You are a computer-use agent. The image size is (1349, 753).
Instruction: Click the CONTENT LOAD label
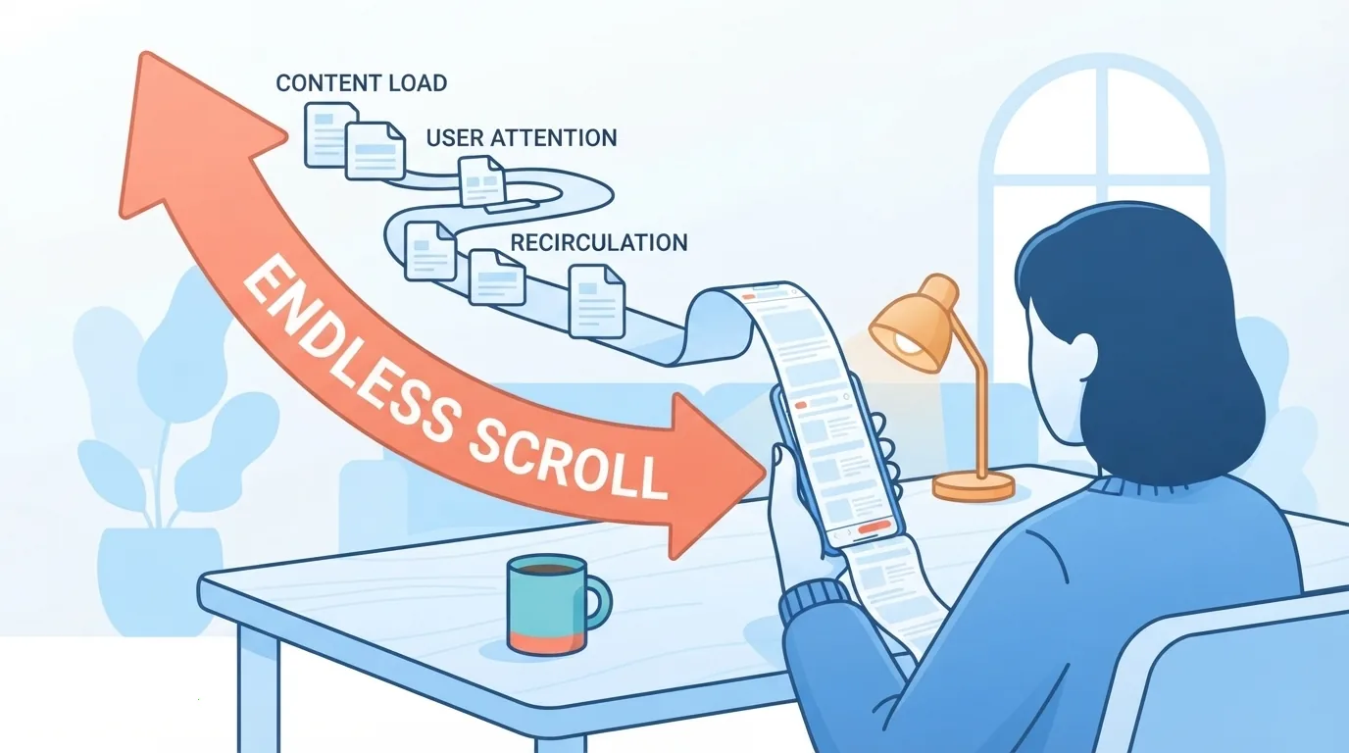pos(362,83)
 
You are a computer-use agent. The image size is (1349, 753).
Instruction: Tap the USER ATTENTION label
pos(522,138)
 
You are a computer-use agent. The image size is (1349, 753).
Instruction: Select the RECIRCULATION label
pos(599,242)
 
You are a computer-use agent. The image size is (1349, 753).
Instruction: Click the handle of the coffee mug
pos(598,602)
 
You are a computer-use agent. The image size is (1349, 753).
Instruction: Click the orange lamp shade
pos(914,325)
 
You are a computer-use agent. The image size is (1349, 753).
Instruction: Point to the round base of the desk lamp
pos(974,485)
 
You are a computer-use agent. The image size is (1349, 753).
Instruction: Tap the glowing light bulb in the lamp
pos(907,343)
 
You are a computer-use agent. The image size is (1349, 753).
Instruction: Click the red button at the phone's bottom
pos(874,527)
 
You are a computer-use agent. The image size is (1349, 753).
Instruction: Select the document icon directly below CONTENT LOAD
pos(330,134)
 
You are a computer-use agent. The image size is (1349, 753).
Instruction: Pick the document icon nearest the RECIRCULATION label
pos(597,301)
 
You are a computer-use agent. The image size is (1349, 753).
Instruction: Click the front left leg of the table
pos(259,686)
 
